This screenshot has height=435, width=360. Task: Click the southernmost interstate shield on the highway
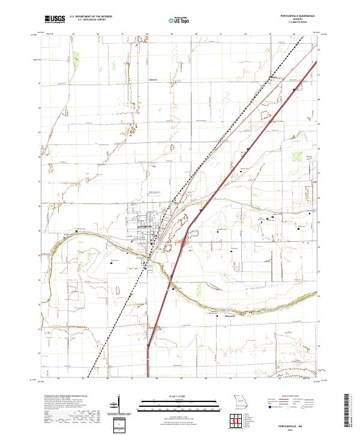coord(148,346)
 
